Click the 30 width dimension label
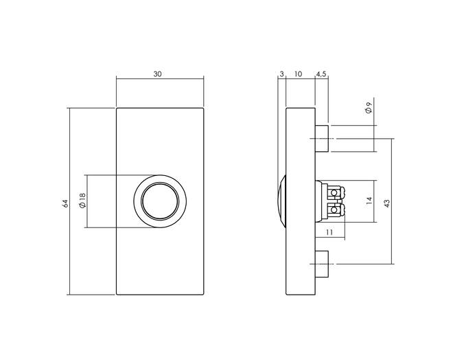(x=157, y=74)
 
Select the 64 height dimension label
(x=65, y=203)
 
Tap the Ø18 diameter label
(x=82, y=201)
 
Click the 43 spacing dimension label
(x=387, y=203)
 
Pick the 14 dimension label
(x=369, y=201)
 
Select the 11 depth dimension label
(x=329, y=232)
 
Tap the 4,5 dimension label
(x=321, y=74)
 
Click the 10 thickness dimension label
(x=298, y=74)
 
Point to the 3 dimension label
(x=281, y=74)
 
